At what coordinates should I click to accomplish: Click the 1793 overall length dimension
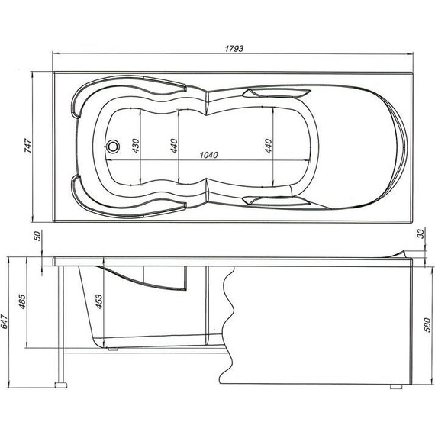click(x=234, y=47)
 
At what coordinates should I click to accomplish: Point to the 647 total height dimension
click(x=6, y=324)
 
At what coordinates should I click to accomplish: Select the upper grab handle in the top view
click(x=275, y=94)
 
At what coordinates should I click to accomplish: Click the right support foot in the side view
click(x=395, y=386)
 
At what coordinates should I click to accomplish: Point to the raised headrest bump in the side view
click(x=401, y=253)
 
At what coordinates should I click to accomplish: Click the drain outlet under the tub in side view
click(x=114, y=350)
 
